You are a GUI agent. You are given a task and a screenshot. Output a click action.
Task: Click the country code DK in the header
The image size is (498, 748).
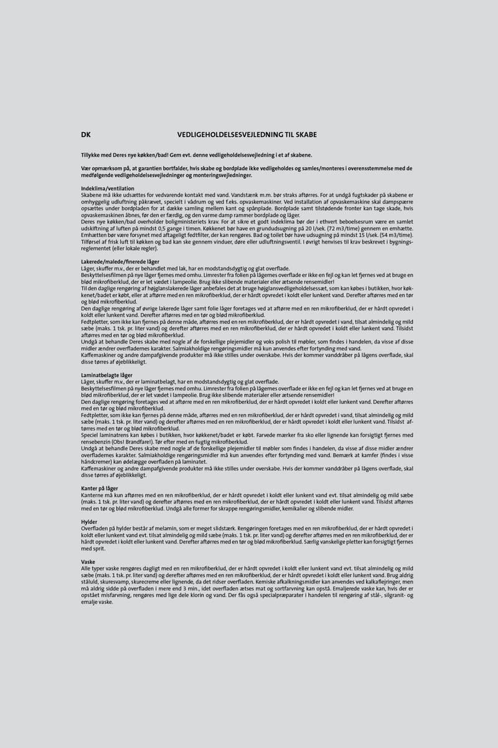86,134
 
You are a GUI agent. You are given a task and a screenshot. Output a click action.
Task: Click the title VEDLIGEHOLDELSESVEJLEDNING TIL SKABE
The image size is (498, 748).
248,134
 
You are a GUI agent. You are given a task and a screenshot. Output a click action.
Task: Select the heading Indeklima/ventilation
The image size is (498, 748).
108,188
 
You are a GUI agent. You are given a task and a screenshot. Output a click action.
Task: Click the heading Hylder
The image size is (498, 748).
89,521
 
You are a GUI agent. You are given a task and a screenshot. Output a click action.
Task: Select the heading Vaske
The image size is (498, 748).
88,562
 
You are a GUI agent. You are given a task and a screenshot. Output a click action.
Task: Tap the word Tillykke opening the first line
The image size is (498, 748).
92,155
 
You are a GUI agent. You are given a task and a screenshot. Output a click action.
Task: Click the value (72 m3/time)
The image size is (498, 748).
339,229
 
